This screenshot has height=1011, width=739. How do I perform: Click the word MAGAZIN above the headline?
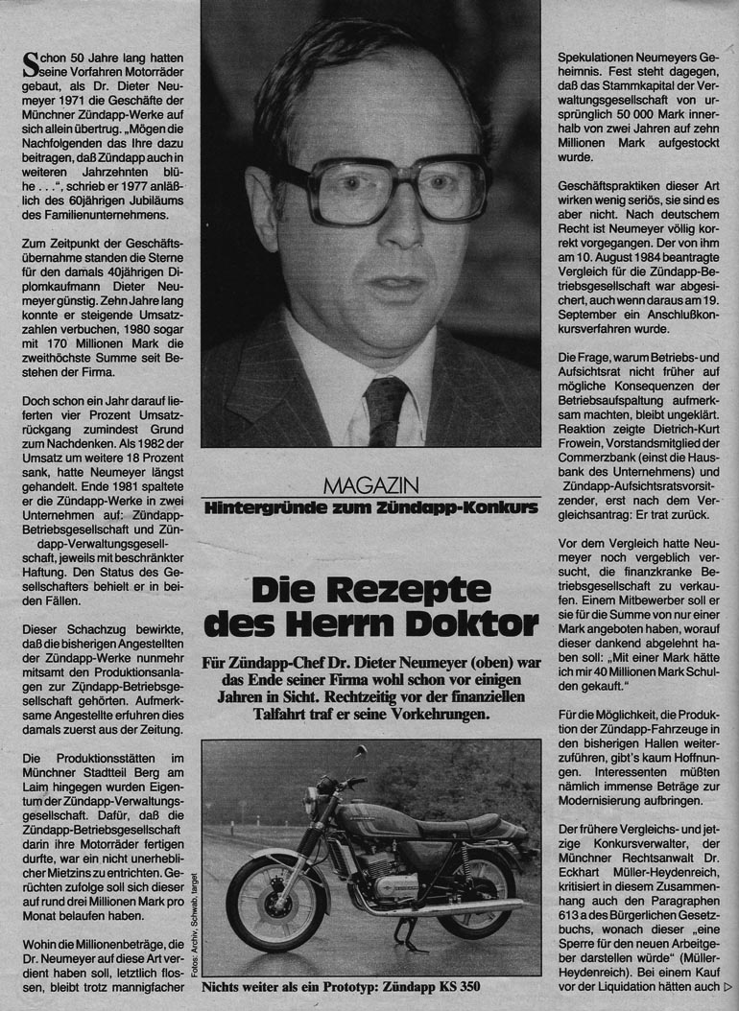pyautogui.click(x=369, y=486)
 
